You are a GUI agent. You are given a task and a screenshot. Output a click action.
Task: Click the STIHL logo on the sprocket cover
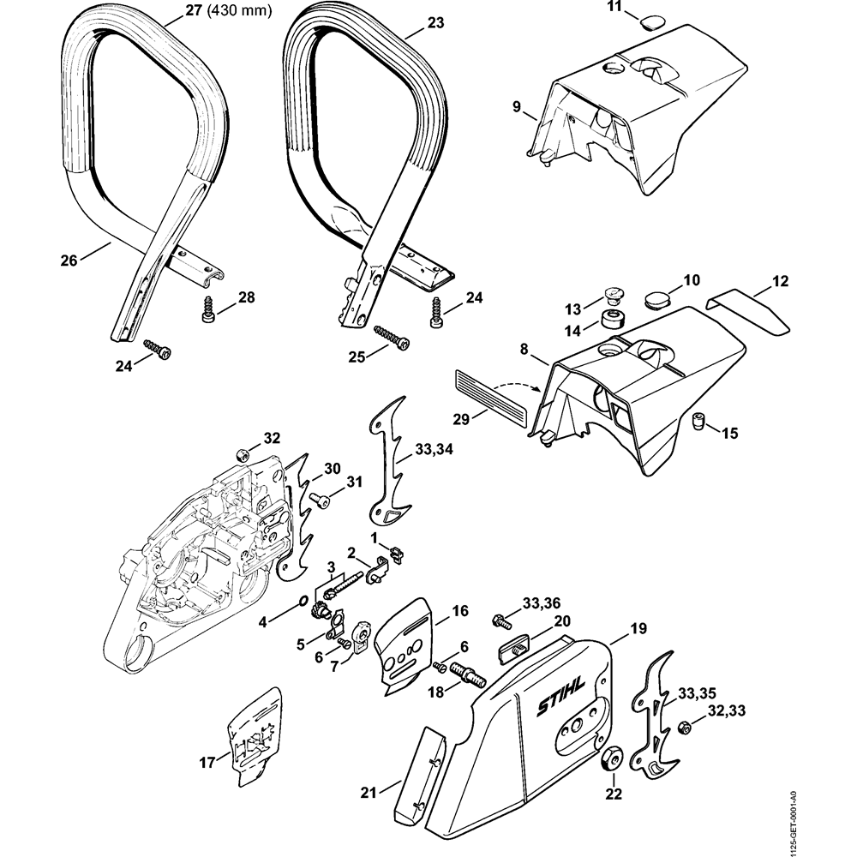[560, 693]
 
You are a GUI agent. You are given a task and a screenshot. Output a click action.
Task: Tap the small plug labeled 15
[698, 421]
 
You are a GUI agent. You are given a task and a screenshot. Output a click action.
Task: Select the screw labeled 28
[207, 309]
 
